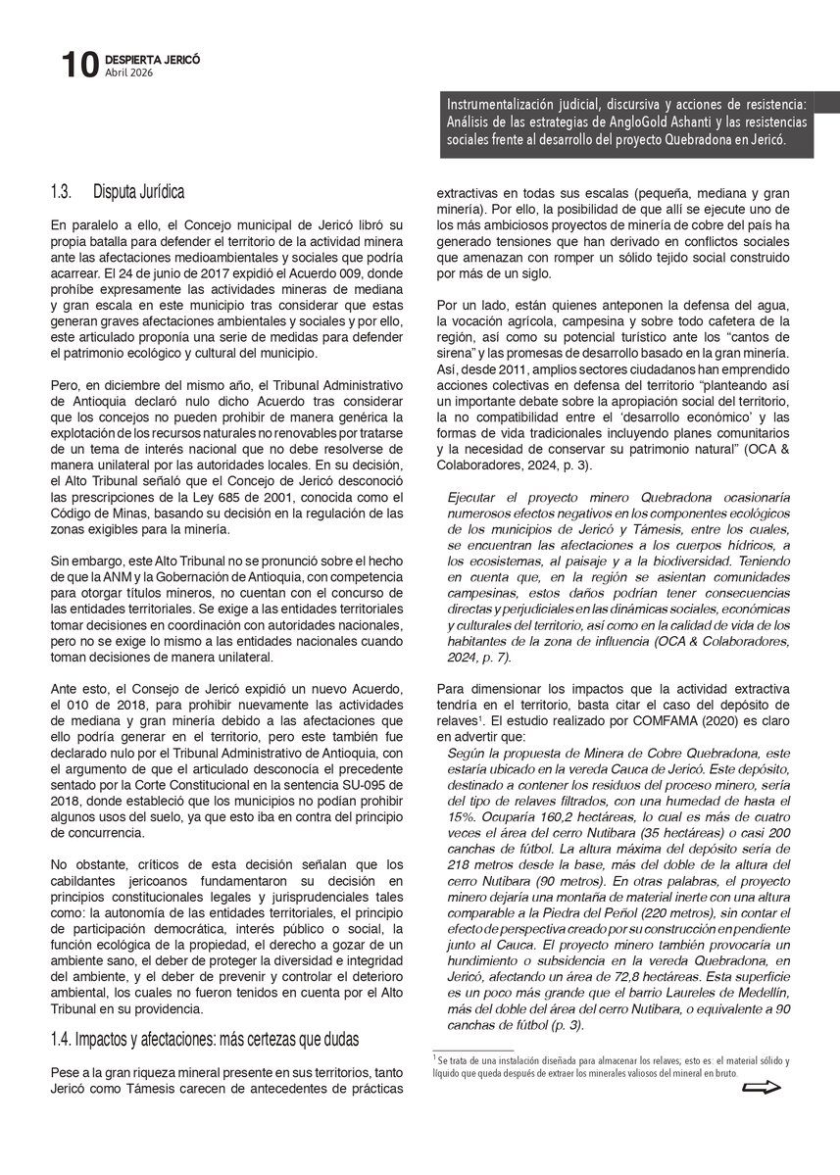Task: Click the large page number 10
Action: click(78, 66)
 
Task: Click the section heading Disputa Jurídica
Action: click(139, 190)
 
